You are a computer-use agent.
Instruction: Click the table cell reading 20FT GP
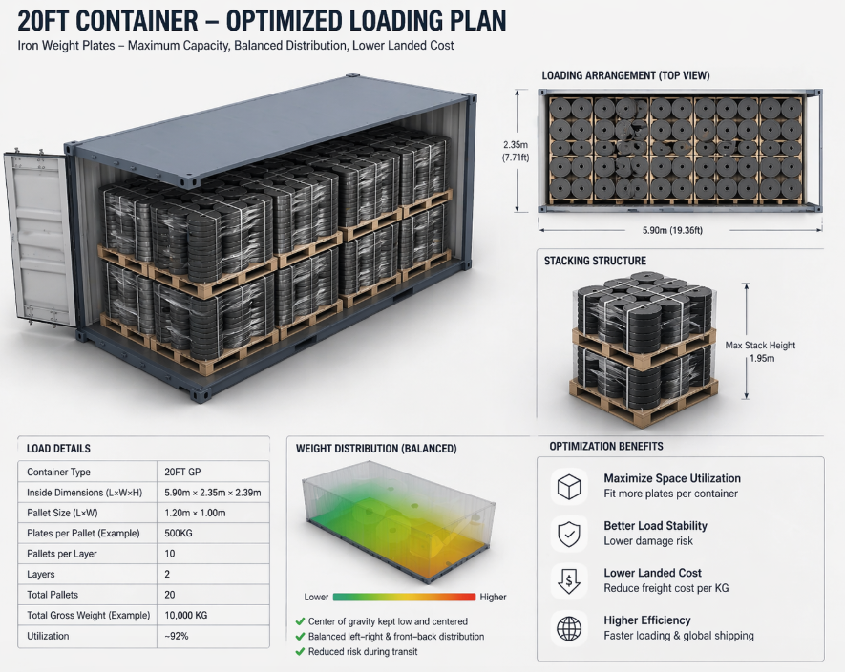click(x=184, y=472)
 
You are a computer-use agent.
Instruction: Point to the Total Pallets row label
click(x=56, y=596)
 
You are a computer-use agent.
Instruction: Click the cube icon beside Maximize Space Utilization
click(x=569, y=487)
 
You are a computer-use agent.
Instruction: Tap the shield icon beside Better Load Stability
click(x=569, y=534)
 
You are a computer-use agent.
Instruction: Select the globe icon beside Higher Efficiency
click(x=569, y=628)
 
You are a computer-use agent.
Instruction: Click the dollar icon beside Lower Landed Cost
click(x=569, y=580)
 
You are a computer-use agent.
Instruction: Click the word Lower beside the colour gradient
click(x=316, y=597)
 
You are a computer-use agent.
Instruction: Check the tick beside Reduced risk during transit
click(x=301, y=652)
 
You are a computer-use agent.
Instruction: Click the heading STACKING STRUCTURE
click(x=595, y=261)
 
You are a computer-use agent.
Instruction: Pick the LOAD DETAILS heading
click(x=59, y=448)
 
